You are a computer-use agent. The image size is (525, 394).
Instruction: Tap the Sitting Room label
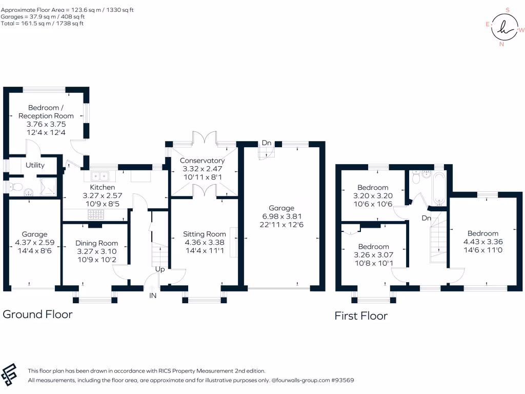click(x=205, y=234)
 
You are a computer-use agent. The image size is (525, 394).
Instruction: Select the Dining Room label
click(x=97, y=243)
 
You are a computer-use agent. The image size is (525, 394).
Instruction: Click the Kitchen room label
click(x=103, y=187)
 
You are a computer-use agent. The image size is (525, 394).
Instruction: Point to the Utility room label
click(x=35, y=165)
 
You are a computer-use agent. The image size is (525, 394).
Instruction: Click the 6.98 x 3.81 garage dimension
click(x=281, y=216)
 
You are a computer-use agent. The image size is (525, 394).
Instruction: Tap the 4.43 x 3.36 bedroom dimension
click(x=482, y=242)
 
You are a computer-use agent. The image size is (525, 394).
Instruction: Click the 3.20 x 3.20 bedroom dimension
click(x=373, y=196)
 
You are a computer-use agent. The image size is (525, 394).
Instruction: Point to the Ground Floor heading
click(x=38, y=314)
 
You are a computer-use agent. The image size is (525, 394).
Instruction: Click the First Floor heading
click(x=361, y=316)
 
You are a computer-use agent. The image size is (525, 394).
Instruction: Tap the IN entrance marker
click(x=153, y=295)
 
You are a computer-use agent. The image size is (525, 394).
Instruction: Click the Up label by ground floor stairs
click(x=160, y=269)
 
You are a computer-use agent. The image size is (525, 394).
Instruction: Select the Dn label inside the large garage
click(x=267, y=143)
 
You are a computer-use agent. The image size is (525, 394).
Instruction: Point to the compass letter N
click(x=501, y=44)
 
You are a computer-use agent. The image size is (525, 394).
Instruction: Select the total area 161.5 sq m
click(x=28, y=24)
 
